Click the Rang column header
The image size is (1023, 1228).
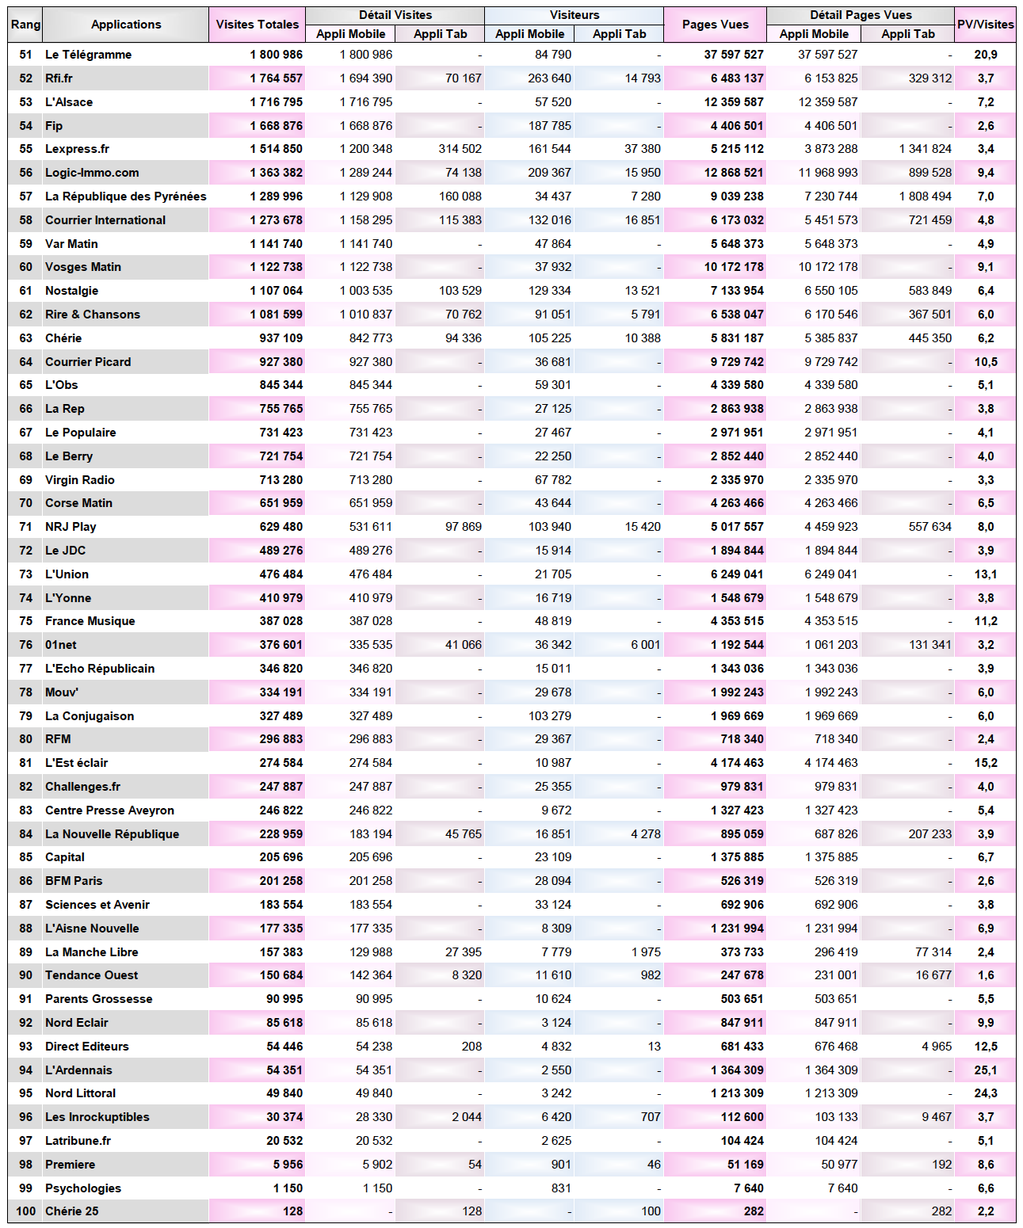tap(25, 25)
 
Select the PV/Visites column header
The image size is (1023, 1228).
tap(985, 25)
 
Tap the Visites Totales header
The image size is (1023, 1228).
tap(258, 25)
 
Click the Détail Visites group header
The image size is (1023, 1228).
tap(395, 15)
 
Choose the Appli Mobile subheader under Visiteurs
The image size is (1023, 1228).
tap(529, 34)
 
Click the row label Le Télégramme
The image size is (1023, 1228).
tap(88, 55)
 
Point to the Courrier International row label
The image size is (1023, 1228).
tap(105, 220)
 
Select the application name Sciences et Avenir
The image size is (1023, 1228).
tap(97, 905)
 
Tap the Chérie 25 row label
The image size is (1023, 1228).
tap(72, 1211)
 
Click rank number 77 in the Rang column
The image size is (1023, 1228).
tap(26, 669)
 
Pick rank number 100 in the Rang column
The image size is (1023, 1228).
tap(26, 1211)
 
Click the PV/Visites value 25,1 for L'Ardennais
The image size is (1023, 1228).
tap(986, 1070)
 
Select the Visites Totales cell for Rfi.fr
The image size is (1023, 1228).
tap(276, 78)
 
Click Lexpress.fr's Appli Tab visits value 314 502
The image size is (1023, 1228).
tap(460, 149)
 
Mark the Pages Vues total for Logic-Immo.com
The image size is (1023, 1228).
tap(734, 173)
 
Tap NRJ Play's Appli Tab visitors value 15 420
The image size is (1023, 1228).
tap(642, 527)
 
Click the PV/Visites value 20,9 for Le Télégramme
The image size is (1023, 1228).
tap(986, 55)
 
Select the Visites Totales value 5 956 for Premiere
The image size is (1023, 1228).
tap(288, 1165)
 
